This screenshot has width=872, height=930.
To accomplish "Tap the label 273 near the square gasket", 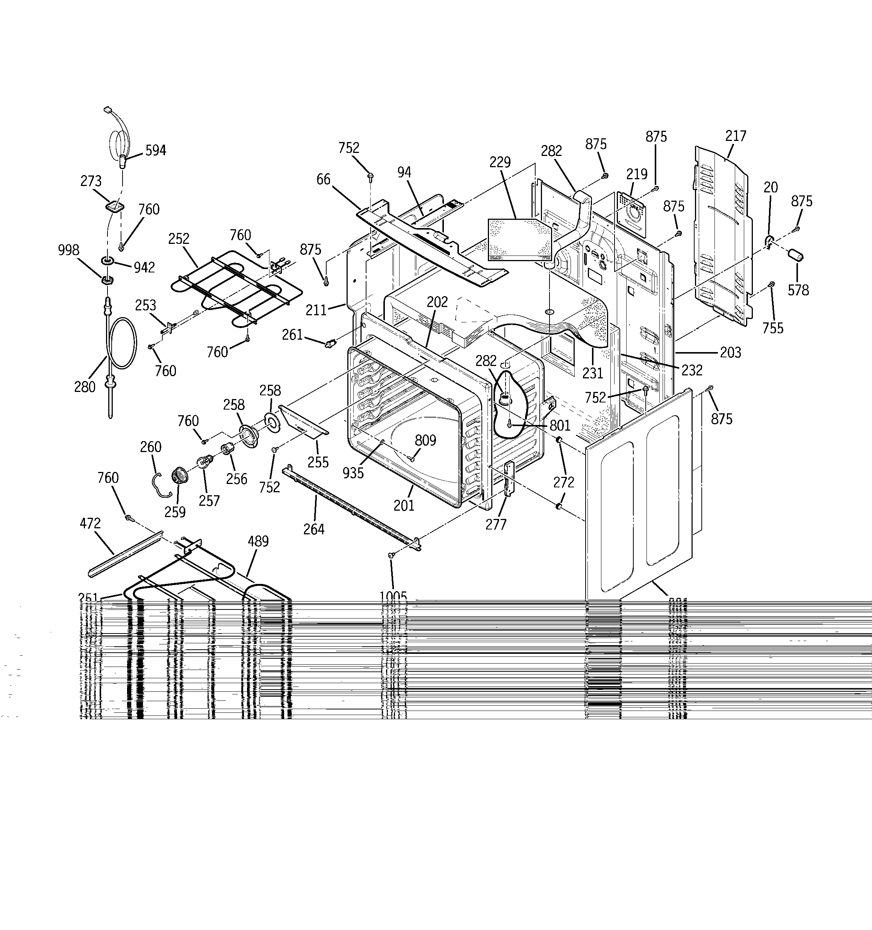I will (x=91, y=181).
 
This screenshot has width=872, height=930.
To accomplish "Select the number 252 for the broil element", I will (x=179, y=239).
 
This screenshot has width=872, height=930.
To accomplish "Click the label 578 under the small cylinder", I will (x=798, y=290).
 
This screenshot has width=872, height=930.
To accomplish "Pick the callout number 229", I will (x=500, y=162).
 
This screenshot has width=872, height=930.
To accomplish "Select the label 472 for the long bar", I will (x=90, y=523).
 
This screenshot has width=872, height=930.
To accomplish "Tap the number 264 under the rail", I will (x=313, y=529).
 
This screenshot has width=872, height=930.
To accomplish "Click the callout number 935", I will (x=353, y=473).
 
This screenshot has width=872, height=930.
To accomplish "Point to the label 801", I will (x=560, y=425).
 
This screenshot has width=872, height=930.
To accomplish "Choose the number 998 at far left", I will (x=68, y=250).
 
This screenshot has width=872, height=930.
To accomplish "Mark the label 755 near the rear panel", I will (x=772, y=328).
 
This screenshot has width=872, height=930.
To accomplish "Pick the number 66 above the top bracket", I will (x=323, y=179).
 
